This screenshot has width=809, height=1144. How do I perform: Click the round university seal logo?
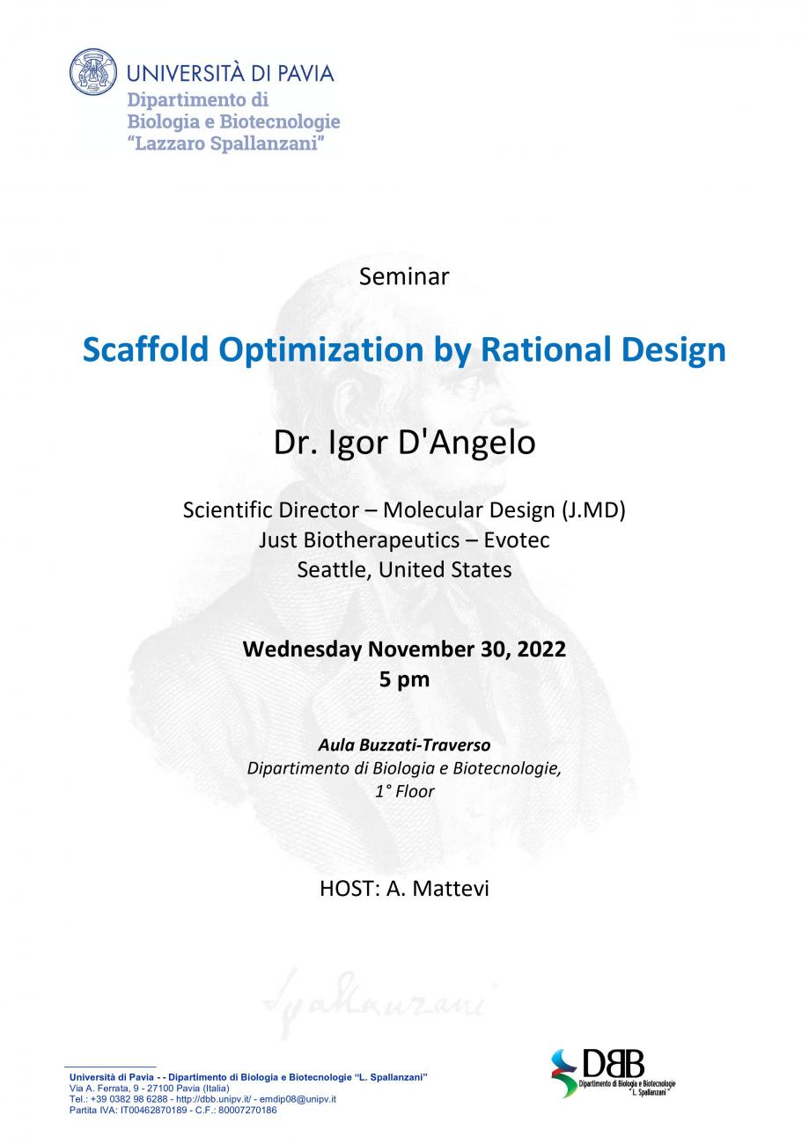coord(93,72)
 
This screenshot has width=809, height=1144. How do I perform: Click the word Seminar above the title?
coord(404,276)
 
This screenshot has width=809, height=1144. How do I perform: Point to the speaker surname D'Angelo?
coord(467,442)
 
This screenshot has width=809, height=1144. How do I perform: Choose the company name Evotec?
coord(517,539)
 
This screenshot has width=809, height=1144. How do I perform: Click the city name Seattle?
coord(335,569)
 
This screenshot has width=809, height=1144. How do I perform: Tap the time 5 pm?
coord(404,679)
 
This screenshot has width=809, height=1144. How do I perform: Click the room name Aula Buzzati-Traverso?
coord(404,745)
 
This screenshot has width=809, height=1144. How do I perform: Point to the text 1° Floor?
coord(404,791)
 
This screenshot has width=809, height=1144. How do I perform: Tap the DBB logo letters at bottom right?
coord(613,1063)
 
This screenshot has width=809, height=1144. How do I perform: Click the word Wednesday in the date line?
coord(302,649)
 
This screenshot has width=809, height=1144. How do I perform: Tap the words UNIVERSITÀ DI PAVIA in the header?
coord(231,73)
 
